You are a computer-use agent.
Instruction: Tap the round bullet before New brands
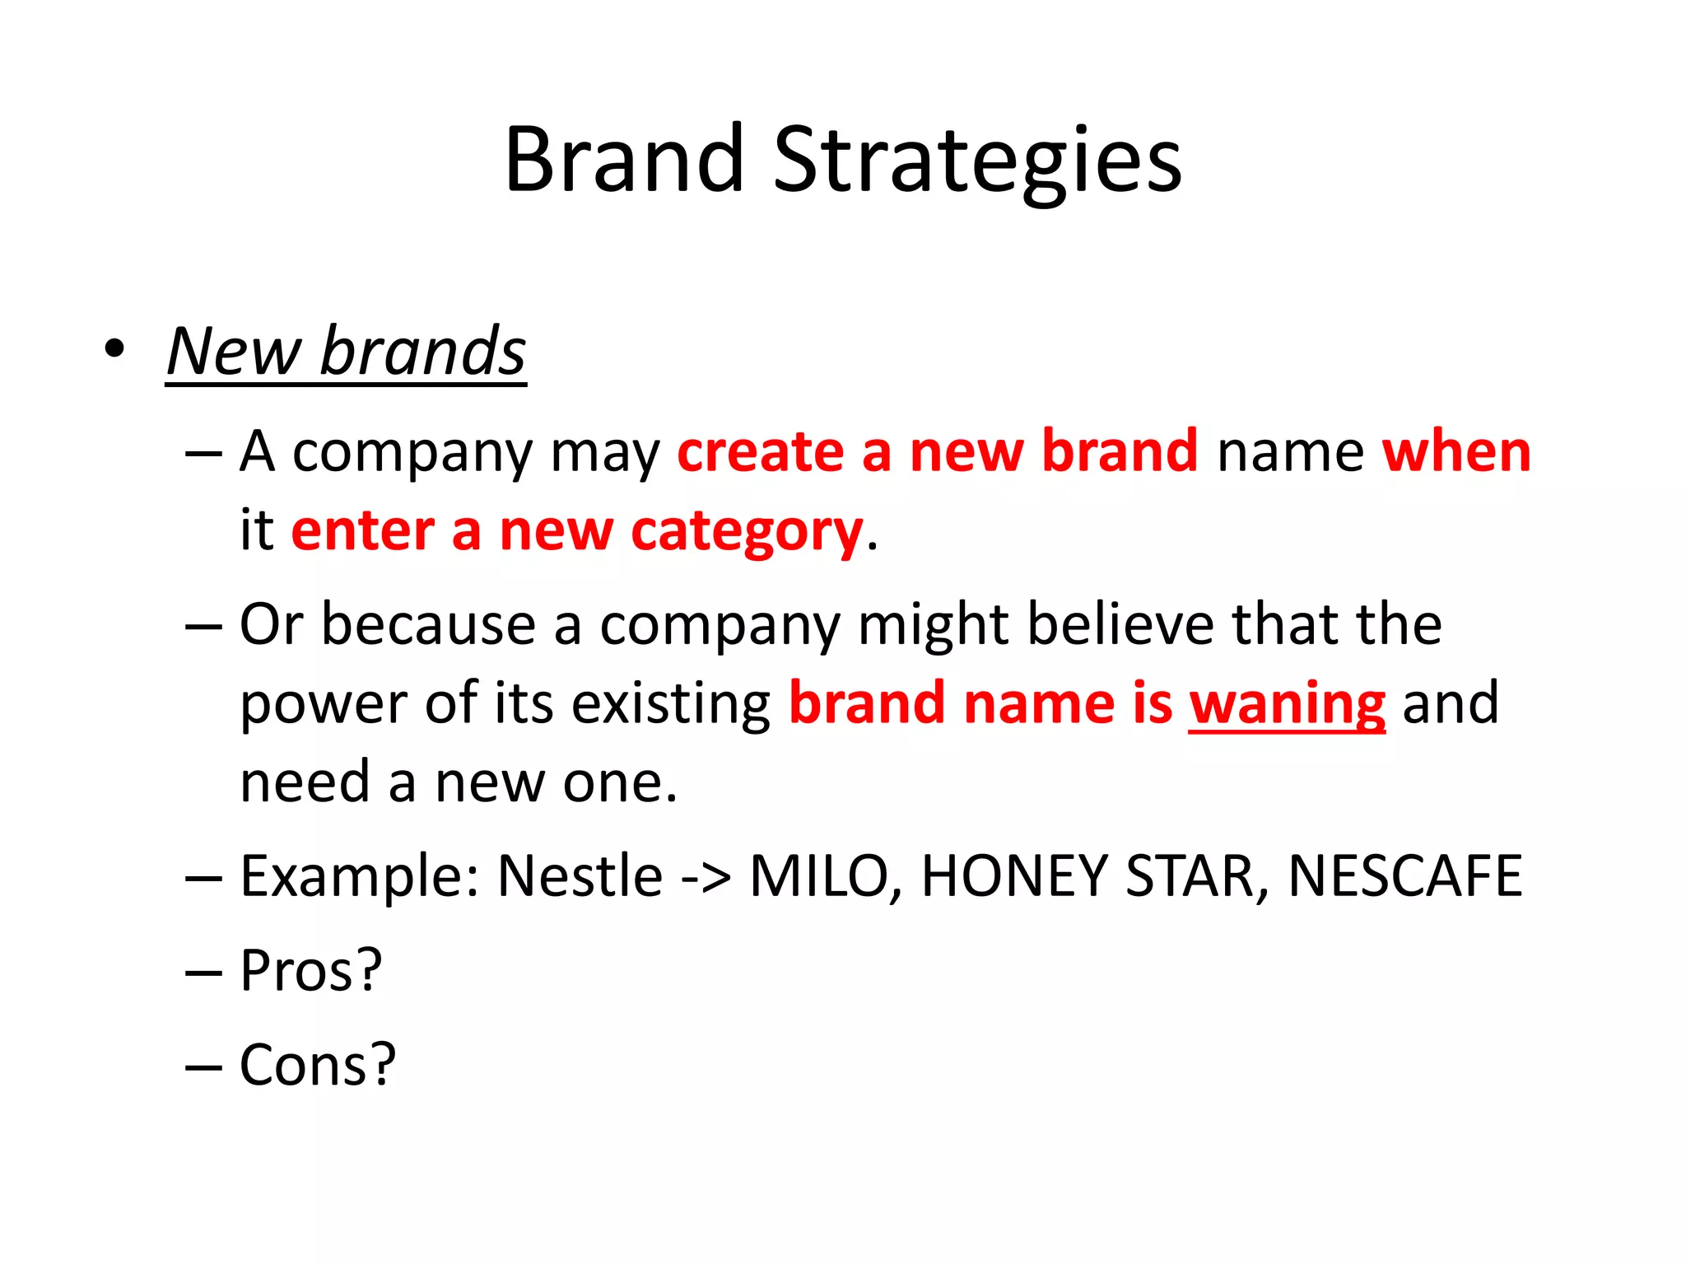coord(115,349)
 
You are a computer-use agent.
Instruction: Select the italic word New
coord(234,352)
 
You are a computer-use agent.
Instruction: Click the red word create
coord(760,452)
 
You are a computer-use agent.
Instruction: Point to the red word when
coord(1455,452)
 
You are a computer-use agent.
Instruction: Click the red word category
coord(746,532)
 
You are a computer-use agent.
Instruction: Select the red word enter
coord(362,530)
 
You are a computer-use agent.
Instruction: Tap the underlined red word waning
coord(1287,704)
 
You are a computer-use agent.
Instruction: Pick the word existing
coord(671,704)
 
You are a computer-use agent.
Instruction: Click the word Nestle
coord(580,875)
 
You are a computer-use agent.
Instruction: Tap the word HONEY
coord(1014,875)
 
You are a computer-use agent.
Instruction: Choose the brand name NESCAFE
coord(1404,875)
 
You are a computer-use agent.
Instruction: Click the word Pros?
coord(311,970)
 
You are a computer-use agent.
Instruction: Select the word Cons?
coord(318,1065)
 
